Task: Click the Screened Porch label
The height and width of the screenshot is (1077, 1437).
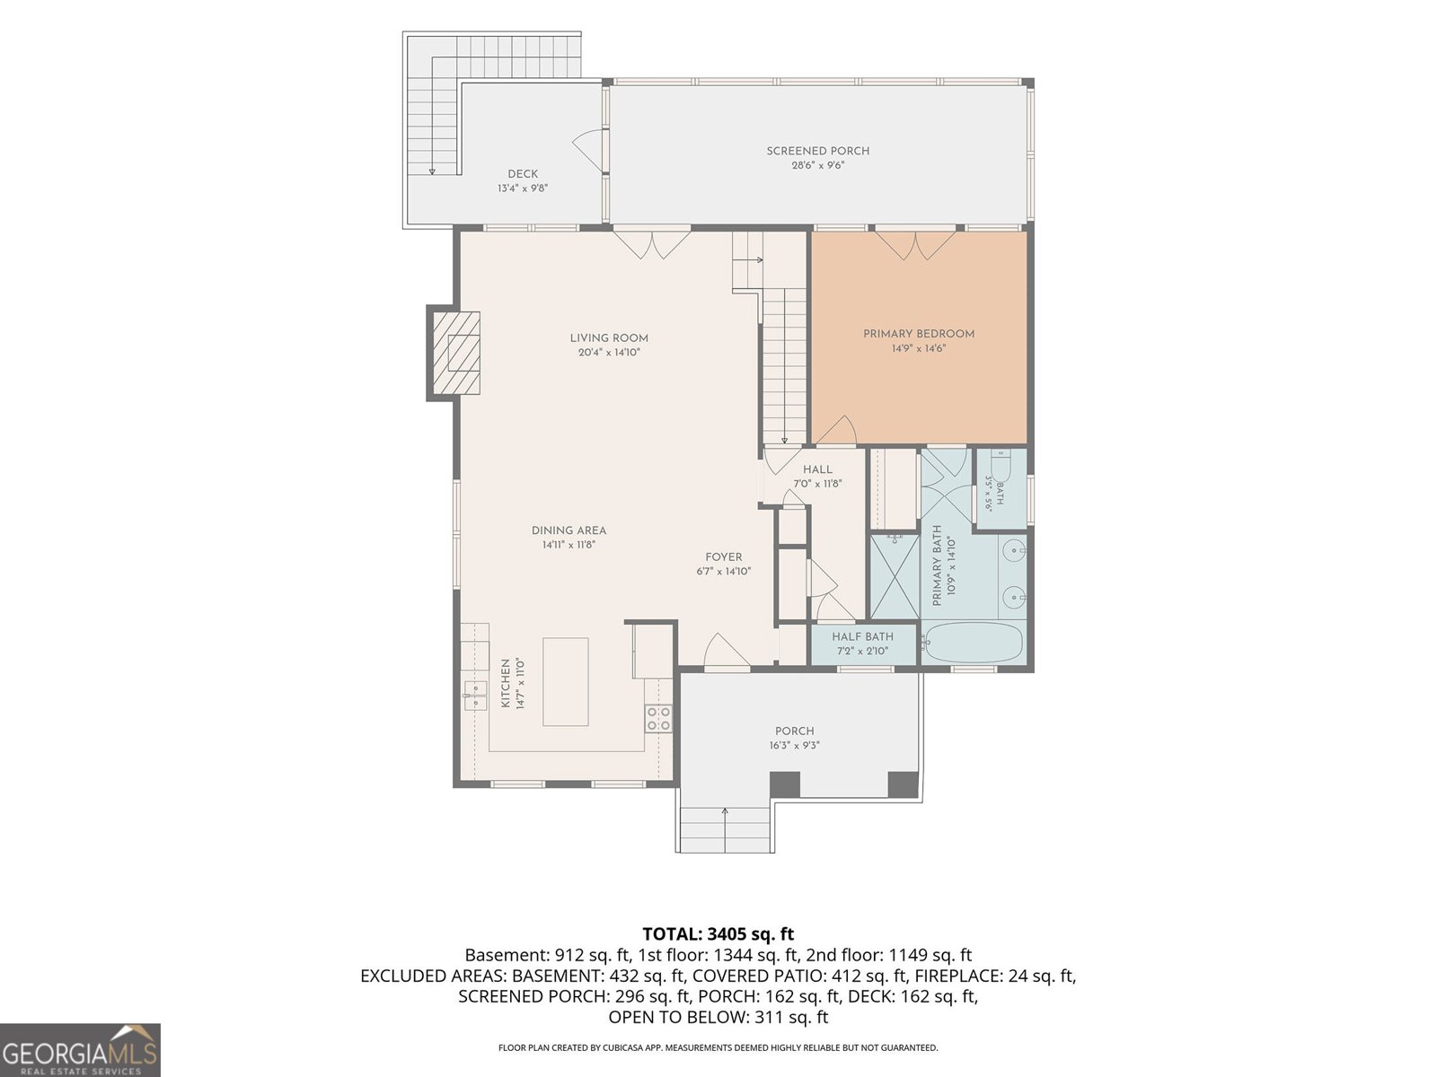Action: click(817, 151)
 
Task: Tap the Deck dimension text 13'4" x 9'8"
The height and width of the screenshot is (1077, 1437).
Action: click(523, 188)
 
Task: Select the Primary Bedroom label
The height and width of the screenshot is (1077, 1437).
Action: click(919, 334)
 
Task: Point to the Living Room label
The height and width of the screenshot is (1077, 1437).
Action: click(609, 338)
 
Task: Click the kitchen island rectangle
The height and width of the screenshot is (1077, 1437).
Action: click(565, 682)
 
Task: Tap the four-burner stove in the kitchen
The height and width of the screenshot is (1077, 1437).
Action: click(658, 718)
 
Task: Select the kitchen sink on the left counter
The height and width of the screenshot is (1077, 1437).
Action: click(474, 695)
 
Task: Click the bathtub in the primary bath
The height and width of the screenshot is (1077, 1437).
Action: click(972, 642)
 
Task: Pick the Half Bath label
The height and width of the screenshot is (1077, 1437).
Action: click(862, 636)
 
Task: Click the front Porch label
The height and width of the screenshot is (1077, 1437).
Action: click(794, 731)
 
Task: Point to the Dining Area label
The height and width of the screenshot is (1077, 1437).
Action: click(569, 530)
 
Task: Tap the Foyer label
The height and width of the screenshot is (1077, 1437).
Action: click(723, 557)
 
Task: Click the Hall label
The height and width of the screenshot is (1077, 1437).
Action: click(817, 468)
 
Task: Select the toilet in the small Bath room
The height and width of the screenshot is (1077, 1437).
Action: click(1001, 466)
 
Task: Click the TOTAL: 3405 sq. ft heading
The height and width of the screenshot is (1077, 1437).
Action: click(718, 933)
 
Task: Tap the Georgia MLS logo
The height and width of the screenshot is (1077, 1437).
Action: click(80, 1050)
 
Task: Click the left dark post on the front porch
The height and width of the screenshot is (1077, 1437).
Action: click(784, 784)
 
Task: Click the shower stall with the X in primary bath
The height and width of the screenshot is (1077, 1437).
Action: click(895, 577)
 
